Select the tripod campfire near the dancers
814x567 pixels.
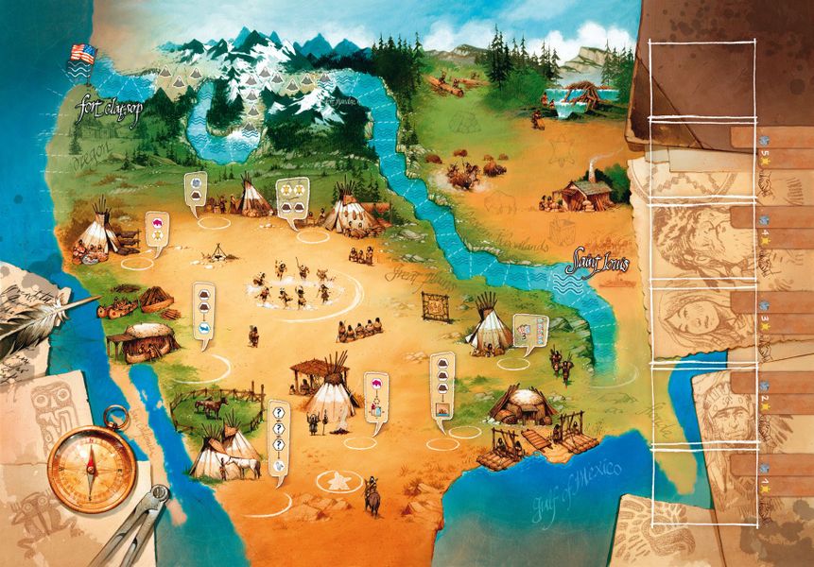[x=217, y=251]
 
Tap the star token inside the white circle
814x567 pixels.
[x=336, y=481]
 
